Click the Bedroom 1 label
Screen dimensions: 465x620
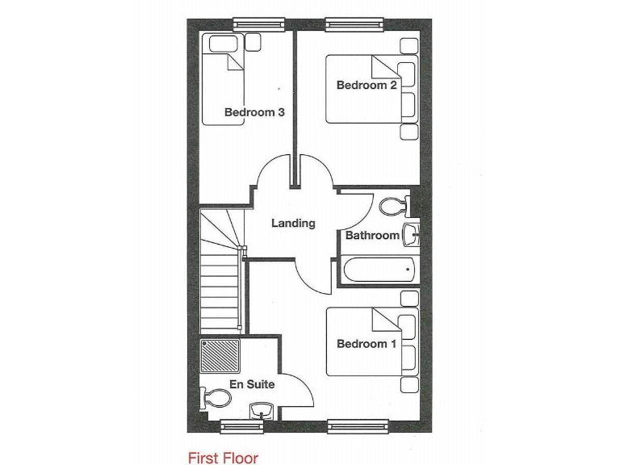point(367,344)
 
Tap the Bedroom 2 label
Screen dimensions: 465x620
point(367,86)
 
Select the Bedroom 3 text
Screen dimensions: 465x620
point(254,112)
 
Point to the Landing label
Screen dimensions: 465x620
point(293,223)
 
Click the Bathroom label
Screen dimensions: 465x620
point(372,236)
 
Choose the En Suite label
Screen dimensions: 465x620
point(252,384)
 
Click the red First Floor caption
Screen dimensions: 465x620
point(223,459)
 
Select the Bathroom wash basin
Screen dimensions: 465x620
point(411,235)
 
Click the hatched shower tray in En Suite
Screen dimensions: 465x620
point(220,356)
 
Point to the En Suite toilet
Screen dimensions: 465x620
point(214,399)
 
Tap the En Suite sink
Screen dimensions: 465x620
point(261,409)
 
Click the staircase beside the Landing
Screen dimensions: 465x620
point(220,274)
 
